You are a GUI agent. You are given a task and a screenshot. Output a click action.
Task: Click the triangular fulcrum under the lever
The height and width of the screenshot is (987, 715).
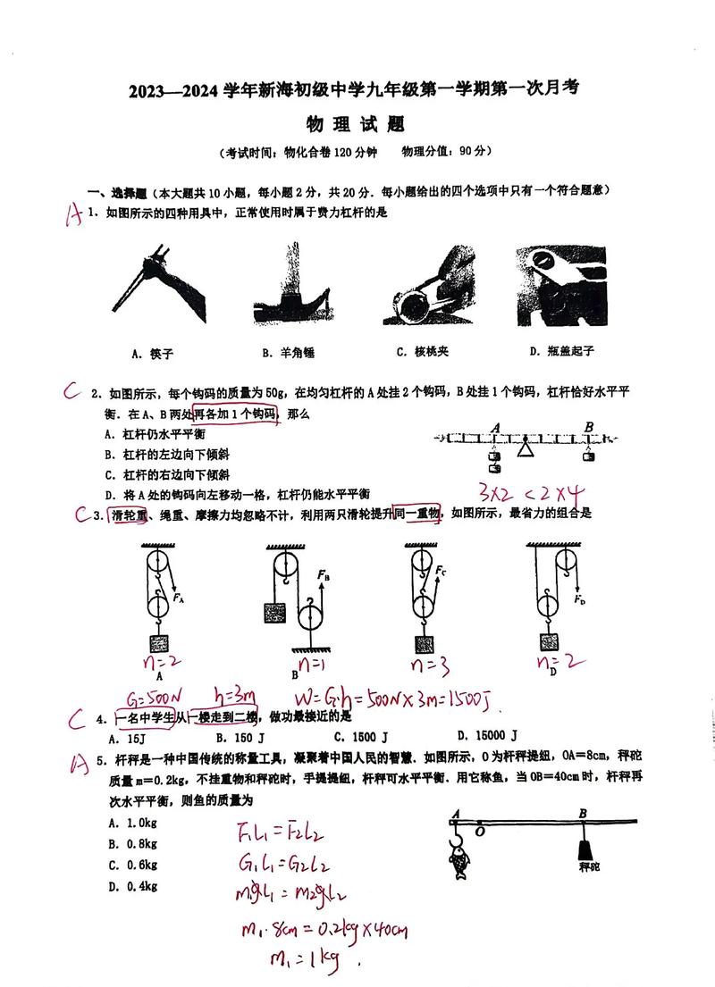(526, 448)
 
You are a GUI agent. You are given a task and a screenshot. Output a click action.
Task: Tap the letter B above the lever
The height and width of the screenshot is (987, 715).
(588, 426)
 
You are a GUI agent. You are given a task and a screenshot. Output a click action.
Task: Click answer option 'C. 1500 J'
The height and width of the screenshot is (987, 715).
(360, 737)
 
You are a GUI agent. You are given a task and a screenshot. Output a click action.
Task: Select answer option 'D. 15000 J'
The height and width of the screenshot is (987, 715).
(487, 736)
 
